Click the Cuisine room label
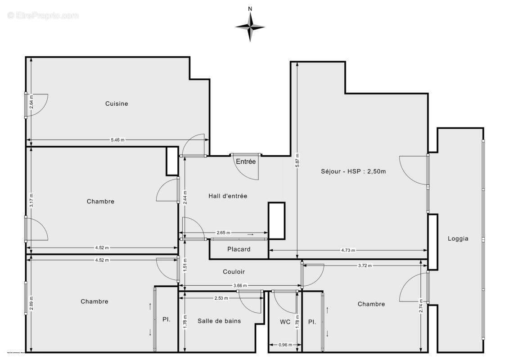coord(117,103)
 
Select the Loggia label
coord(458,238)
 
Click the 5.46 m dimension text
coord(117,140)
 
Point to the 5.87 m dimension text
coord(297,160)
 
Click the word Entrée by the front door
coord(246,162)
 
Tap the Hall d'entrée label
coord(228,196)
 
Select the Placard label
coord(239,249)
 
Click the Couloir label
coord(234,271)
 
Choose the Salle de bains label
coord(219,321)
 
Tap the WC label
coord(285,322)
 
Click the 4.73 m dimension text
coord(348,250)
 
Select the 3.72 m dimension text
coord(365,265)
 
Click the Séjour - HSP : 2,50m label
coord(353,171)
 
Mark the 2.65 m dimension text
coord(223,233)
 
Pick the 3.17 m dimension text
coord(31,200)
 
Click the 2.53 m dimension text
coord(221,298)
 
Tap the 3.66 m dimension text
coord(239,285)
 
